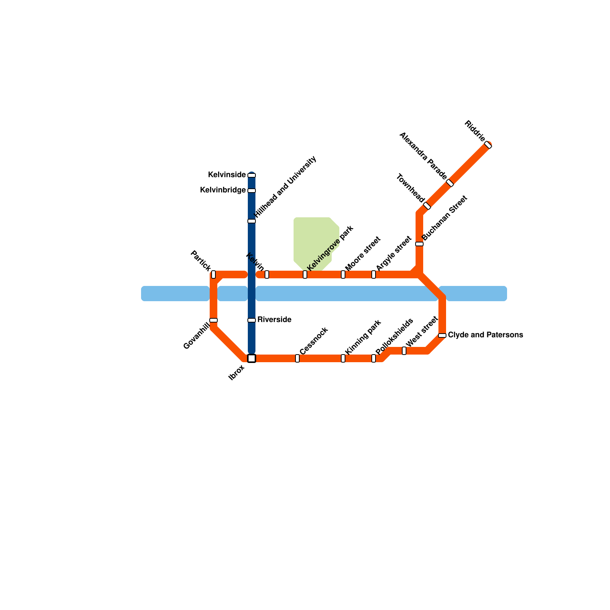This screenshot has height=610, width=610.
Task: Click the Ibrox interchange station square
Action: pyautogui.click(x=252, y=358)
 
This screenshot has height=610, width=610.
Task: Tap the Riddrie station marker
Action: pyautogui.click(x=488, y=145)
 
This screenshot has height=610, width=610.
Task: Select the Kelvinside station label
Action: pyautogui.click(x=227, y=175)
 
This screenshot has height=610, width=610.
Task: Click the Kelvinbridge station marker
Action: pyautogui.click(x=252, y=191)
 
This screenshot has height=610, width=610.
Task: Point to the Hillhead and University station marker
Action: pyautogui.click(x=252, y=221)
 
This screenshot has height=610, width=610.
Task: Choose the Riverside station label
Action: pyautogui.click(x=274, y=320)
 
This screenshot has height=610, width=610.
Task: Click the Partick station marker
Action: pyautogui.click(x=213, y=274)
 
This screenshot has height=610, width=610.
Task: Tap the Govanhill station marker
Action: pyautogui.click(x=213, y=320)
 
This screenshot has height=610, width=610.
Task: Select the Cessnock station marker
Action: pyautogui.click(x=297, y=358)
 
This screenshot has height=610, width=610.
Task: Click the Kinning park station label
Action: pyautogui.click(x=363, y=337)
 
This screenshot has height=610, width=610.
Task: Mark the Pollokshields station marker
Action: pyautogui.click(x=374, y=358)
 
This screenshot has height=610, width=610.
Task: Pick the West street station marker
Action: pyautogui.click(x=404, y=351)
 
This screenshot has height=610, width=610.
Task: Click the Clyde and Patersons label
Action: pyautogui.click(x=485, y=335)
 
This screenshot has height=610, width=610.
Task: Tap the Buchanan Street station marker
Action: pyautogui.click(x=419, y=244)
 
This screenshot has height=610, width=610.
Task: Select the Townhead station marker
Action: pyautogui.click(x=427, y=206)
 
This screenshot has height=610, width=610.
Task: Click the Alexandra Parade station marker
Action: pyautogui.click(x=450, y=183)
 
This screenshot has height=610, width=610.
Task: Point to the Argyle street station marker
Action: pyautogui.click(x=374, y=274)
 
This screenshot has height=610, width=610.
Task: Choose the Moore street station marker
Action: pyautogui.click(x=343, y=274)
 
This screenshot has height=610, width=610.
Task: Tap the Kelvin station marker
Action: pyautogui.click(x=267, y=274)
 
